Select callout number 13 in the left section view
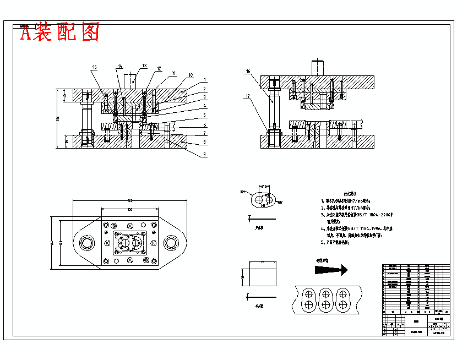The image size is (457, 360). point(144,66)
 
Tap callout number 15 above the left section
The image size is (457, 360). point(94,68)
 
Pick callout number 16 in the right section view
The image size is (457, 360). point(248,72)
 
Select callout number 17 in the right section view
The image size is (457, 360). point(248,96)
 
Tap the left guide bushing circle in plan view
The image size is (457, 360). point(86,243)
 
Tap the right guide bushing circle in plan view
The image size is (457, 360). point(170,243)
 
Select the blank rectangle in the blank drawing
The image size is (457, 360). point(262,278)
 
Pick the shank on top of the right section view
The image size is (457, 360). point(318,68)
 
